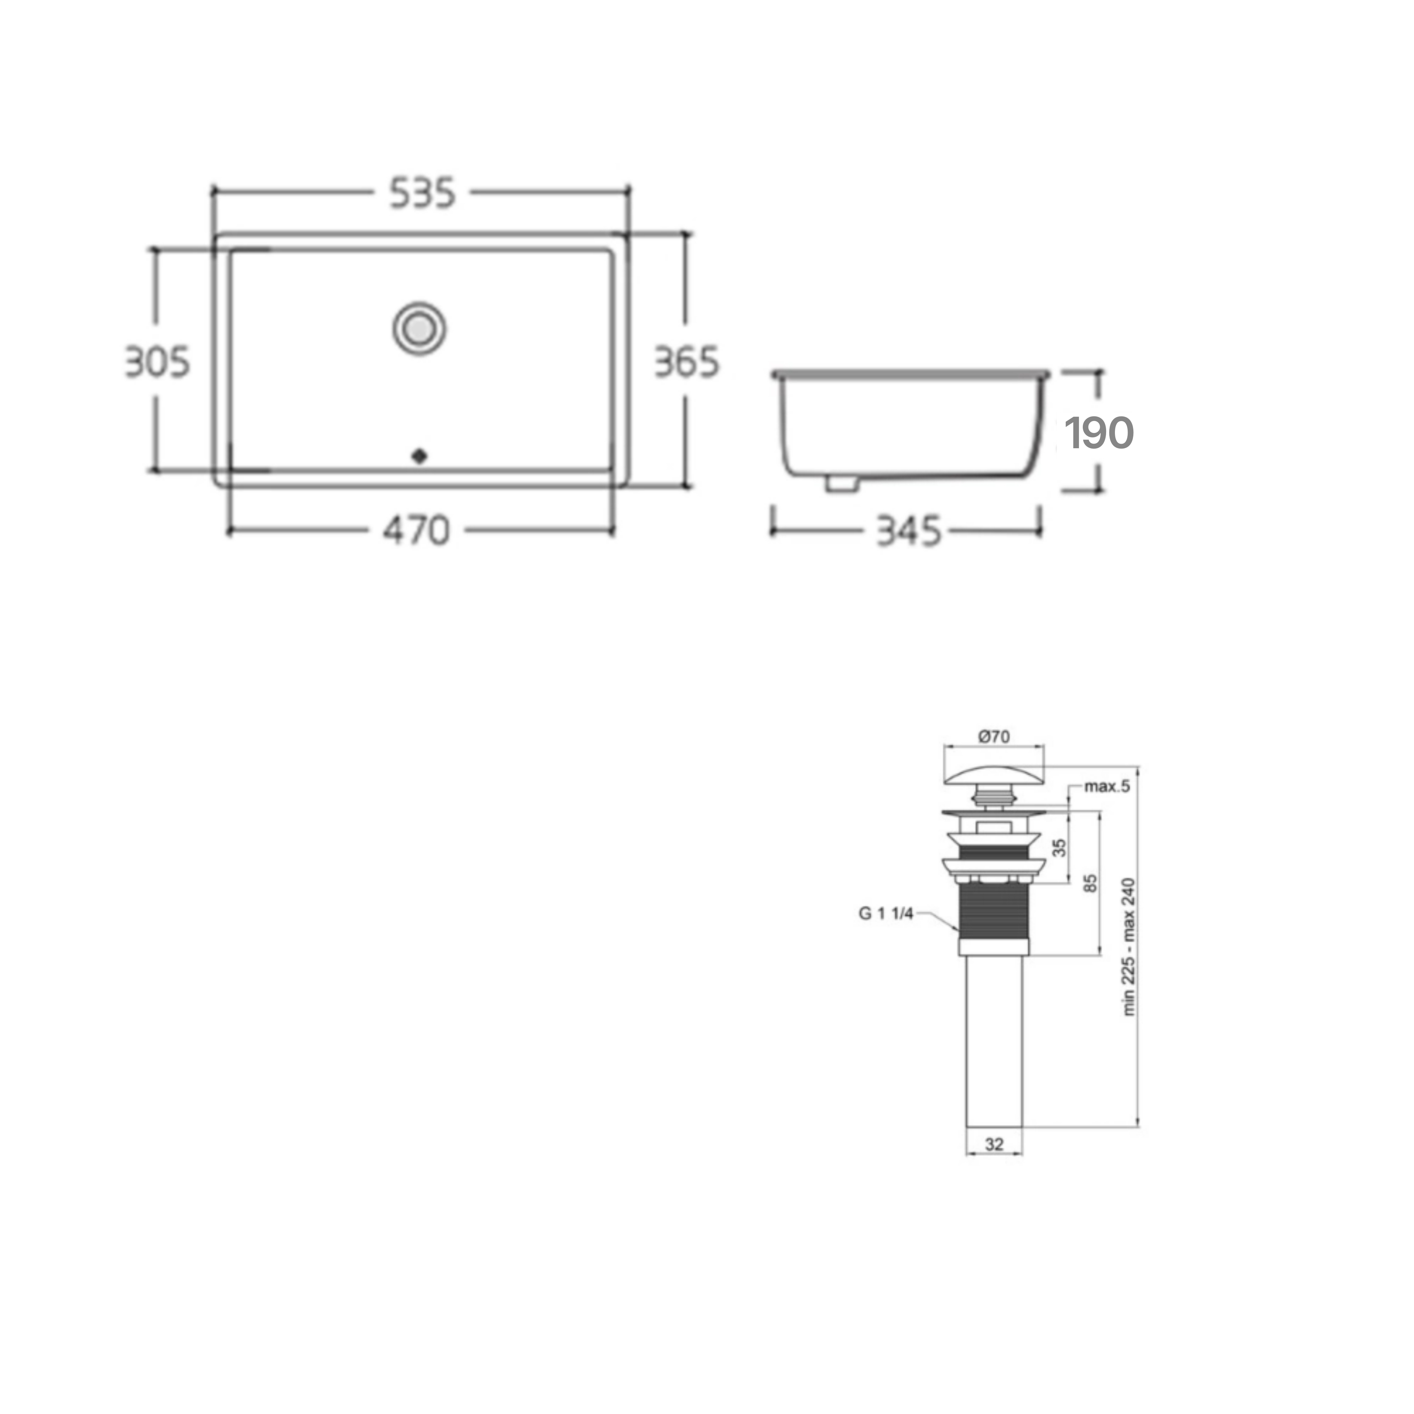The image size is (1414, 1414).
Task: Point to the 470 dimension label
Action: click(x=416, y=531)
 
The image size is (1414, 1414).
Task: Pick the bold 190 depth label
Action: click(x=1099, y=433)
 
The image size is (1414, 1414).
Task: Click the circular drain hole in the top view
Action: click(x=419, y=329)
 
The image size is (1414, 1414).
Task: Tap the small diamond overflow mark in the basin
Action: click(x=419, y=456)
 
